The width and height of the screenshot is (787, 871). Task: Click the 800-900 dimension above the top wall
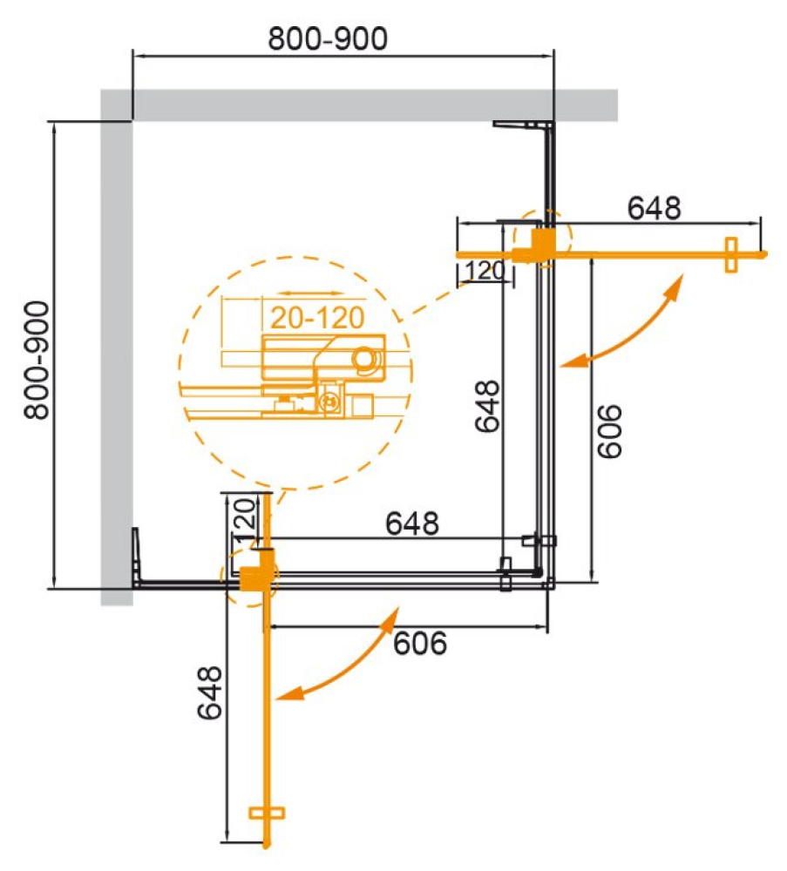(329, 39)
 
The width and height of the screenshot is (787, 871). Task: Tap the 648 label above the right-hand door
(654, 208)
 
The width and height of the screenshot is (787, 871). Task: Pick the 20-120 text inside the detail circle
(315, 318)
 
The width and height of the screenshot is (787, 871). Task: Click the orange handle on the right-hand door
(730, 254)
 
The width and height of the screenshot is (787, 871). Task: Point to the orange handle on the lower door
(267, 812)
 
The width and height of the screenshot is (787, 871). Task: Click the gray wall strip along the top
(366, 105)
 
